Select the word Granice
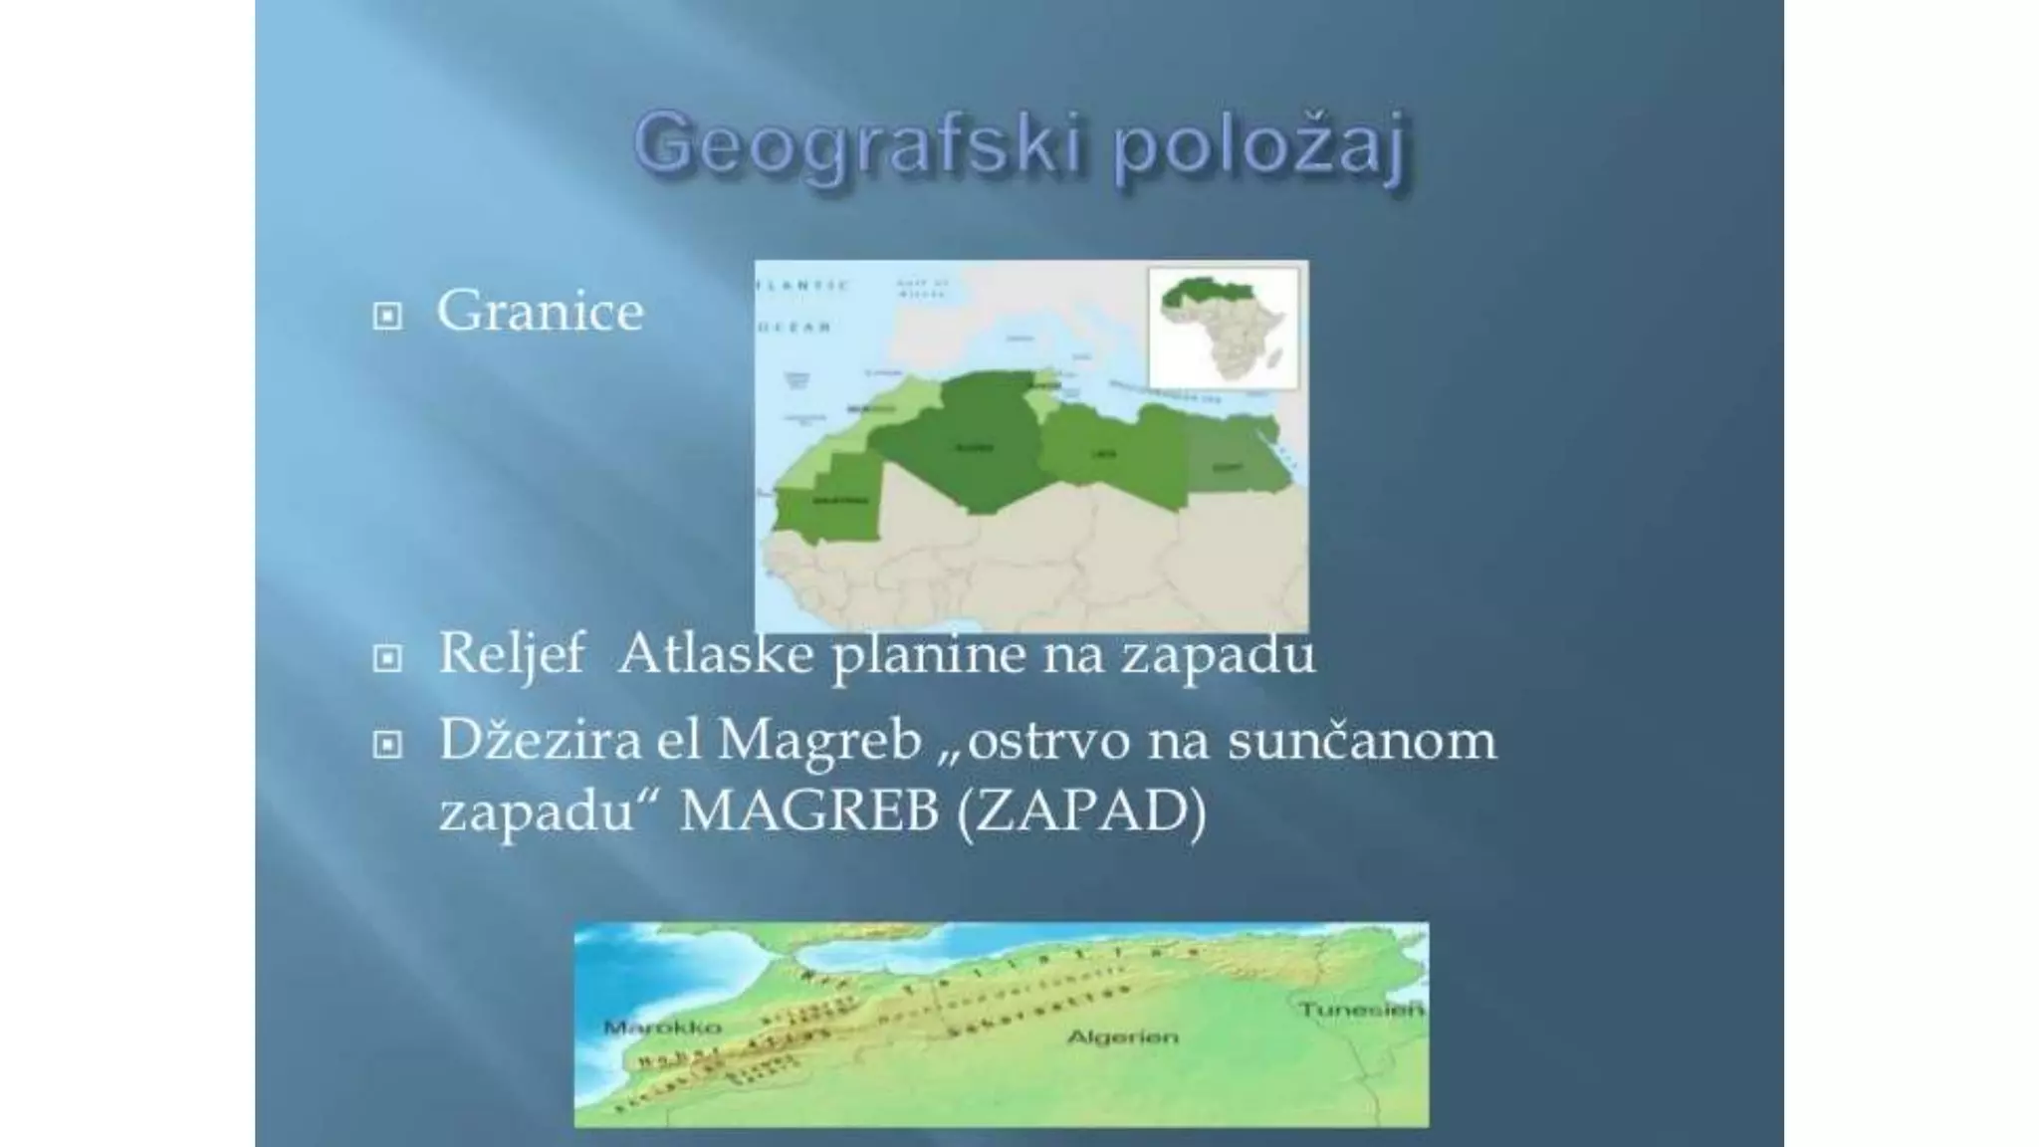[x=540, y=312]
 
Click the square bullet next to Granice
[x=387, y=317]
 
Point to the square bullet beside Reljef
[x=387, y=658]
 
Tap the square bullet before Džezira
[x=387, y=744]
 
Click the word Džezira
[x=540, y=740]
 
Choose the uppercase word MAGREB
[x=809, y=811]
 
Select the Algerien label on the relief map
[x=1122, y=1037]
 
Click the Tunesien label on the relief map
[x=1360, y=1010]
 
